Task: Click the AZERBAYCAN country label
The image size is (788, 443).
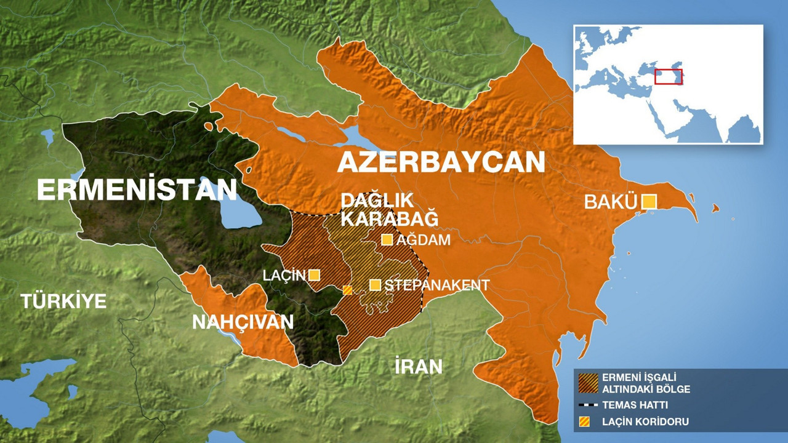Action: tap(441, 162)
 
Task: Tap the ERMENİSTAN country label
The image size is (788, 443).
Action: tap(137, 190)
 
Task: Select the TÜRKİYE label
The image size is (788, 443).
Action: tap(63, 301)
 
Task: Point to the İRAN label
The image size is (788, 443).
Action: tap(419, 367)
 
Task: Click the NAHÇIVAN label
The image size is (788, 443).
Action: tap(243, 322)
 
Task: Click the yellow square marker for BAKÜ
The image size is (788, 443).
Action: tap(649, 202)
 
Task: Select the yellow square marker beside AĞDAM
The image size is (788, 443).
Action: tap(387, 240)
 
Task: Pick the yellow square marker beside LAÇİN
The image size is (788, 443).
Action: tap(314, 275)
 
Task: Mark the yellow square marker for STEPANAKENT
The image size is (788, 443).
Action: tap(375, 285)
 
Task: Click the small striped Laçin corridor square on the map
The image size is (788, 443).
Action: tap(347, 290)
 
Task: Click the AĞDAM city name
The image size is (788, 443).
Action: tap(423, 241)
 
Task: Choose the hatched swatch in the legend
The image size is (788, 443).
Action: tap(588, 383)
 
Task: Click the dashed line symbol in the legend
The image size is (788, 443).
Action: tap(588, 405)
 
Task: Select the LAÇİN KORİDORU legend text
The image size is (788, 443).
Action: tap(645, 422)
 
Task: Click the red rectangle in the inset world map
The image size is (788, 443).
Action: tap(668, 76)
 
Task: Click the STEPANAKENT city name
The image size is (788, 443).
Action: tap(436, 285)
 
